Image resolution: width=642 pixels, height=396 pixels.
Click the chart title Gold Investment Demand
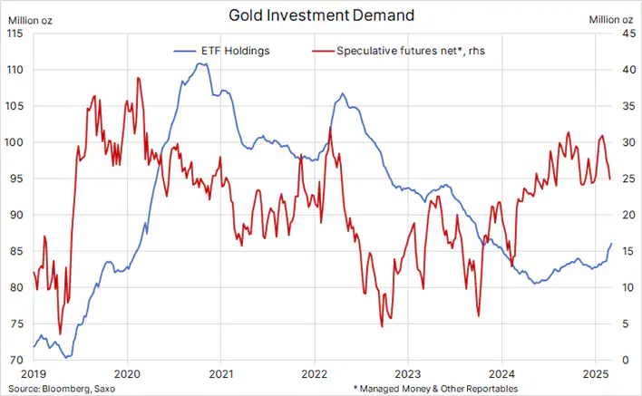coord(320,15)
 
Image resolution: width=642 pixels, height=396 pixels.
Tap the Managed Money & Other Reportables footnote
coord(443,388)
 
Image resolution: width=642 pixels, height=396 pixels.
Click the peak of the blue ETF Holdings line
coord(202,63)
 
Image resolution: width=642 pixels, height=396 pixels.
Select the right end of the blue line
coord(612,243)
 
